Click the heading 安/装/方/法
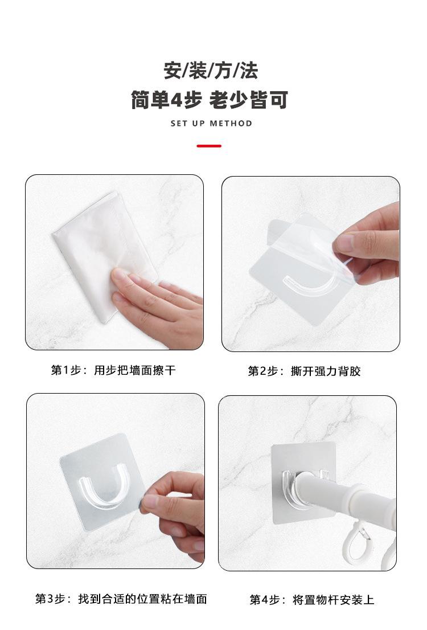coord(211,71)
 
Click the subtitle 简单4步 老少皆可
coord(210,100)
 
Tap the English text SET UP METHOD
coord(211,124)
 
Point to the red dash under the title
coord(209,146)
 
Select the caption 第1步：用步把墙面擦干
coord(113,370)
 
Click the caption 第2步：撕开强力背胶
coord(304,371)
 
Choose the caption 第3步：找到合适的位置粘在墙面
coord(121,599)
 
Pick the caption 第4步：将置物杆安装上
coord(312,600)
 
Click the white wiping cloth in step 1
coord(100,249)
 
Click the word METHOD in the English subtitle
coord(231,124)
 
